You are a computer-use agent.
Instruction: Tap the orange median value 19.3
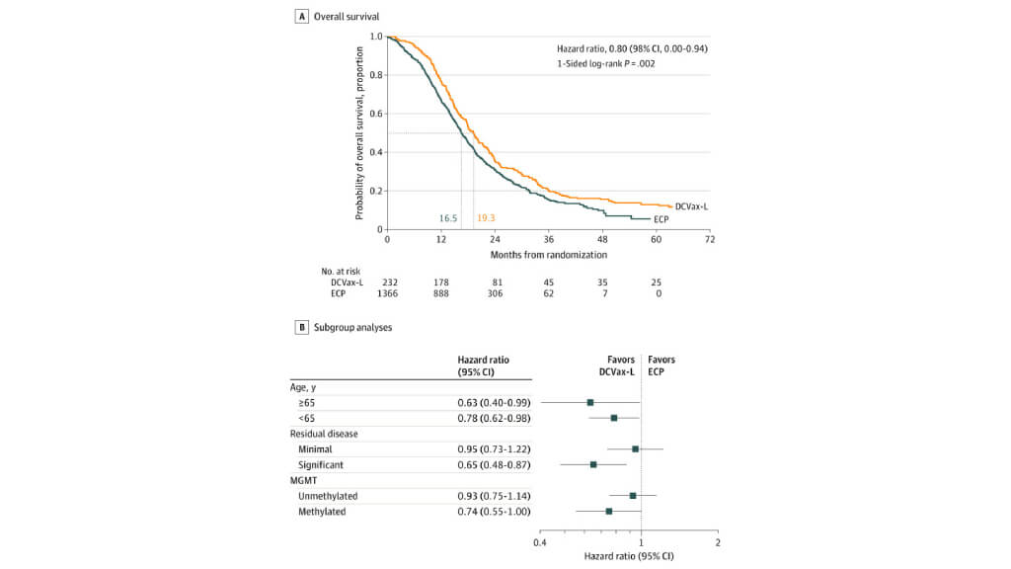point(486,217)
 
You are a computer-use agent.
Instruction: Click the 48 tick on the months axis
point(602,239)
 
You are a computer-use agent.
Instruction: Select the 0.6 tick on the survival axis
point(376,114)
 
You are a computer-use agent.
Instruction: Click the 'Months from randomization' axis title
point(548,255)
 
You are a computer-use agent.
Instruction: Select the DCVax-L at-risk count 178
point(441,282)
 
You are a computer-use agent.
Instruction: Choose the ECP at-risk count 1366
point(387,293)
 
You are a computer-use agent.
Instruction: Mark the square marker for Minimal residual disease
point(635,448)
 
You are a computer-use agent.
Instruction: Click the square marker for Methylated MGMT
point(609,511)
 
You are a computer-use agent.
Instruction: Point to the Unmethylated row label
point(328,495)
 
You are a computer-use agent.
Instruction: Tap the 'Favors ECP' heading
point(661,366)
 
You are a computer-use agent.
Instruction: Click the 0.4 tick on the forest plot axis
point(540,542)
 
